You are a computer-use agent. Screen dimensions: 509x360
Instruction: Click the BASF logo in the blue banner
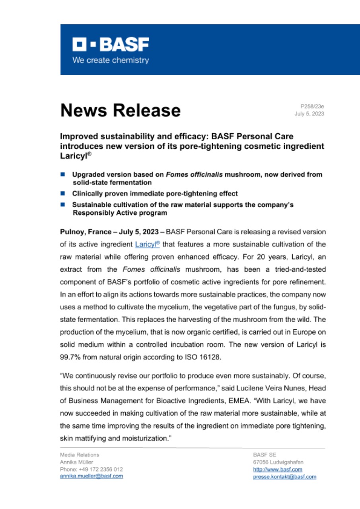(111, 45)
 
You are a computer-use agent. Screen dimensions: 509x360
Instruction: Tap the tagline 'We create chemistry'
(111, 60)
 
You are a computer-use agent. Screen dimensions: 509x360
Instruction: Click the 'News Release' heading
(120, 110)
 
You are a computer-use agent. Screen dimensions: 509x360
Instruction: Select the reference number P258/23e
(312, 106)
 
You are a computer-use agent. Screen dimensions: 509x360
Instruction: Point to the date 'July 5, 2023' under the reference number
(309, 114)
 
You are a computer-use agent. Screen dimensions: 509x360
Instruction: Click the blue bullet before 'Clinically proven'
(63, 194)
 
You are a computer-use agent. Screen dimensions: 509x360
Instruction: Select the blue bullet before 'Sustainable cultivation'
(63, 204)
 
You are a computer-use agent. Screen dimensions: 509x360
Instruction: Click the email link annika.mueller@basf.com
(91, 476)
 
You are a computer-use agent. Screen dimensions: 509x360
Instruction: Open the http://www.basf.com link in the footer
(272, 469)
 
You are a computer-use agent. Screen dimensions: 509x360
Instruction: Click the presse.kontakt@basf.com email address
(284, 476)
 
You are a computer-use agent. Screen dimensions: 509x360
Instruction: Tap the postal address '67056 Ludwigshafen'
(278, 462)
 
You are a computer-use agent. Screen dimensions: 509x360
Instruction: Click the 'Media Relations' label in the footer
(80, 455)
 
